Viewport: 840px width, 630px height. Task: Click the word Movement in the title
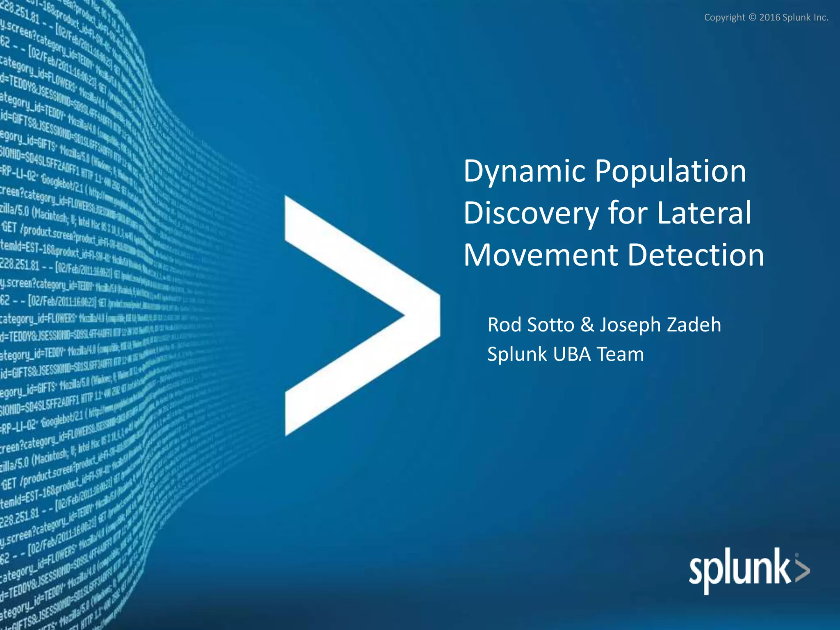tap(541, 255)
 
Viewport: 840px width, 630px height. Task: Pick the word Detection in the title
tap(696, 255)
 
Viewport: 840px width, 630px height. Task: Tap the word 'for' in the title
tap(628, 213)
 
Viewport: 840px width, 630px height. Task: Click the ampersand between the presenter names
tap(587, 325)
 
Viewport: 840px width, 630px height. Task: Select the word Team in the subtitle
tap(620, 354)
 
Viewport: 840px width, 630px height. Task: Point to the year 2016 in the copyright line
tap(769, 18)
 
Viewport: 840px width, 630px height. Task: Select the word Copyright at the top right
tap(724, 18)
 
